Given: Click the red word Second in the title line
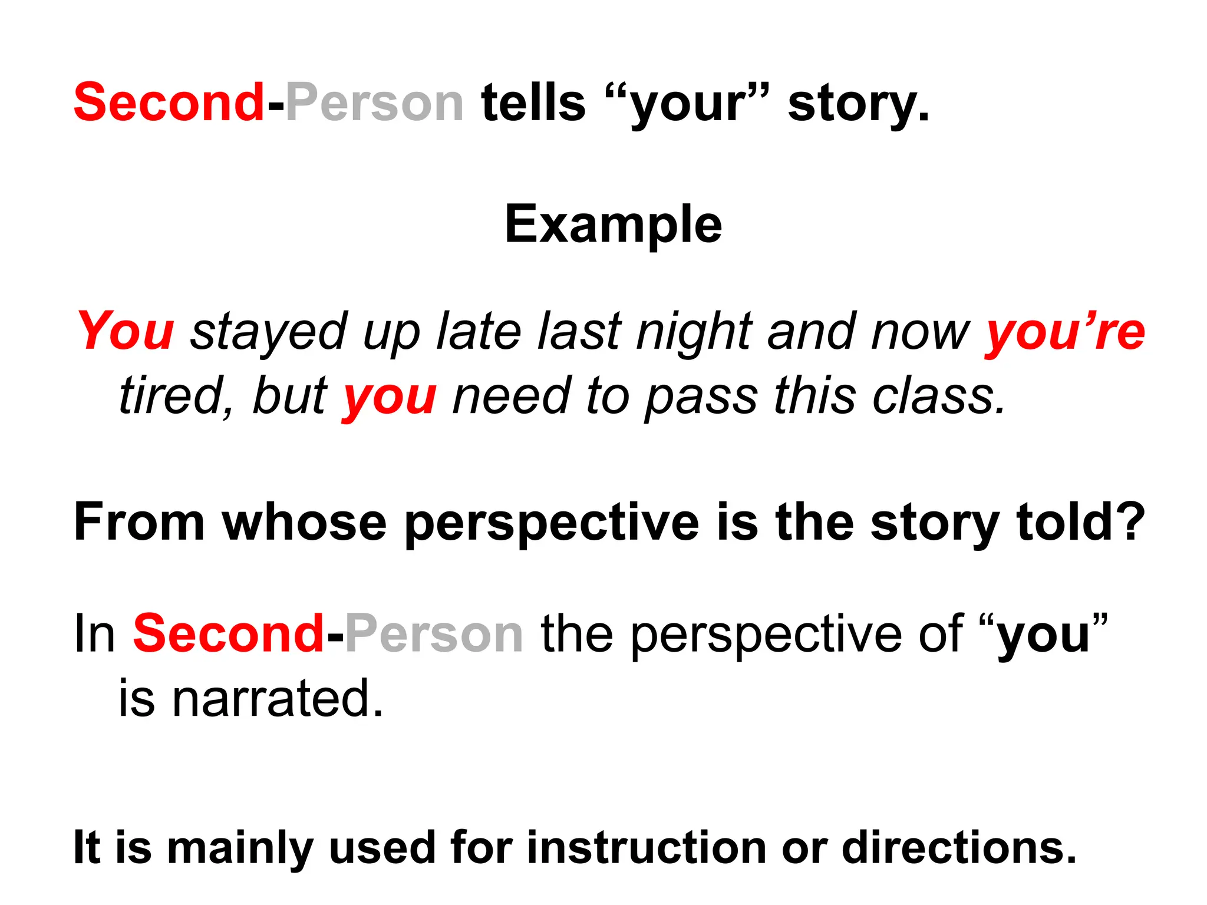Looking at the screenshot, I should pos(169,103).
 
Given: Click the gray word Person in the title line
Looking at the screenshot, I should pos(375,103).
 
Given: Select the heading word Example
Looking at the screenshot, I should pos(613,225).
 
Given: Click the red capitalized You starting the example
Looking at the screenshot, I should pos(126,331).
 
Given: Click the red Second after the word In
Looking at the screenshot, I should pos(229,634).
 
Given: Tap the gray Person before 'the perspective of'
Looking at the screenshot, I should pos(434,634).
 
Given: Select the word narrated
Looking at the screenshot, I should pos(277,699).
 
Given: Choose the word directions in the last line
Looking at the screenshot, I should pos(958,847).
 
